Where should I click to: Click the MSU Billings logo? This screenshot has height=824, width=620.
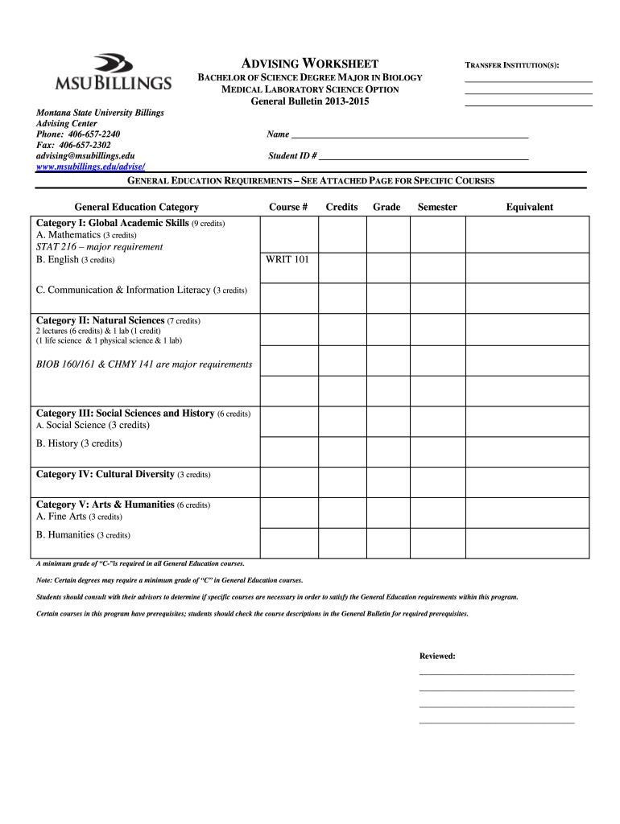[x=113, y=72]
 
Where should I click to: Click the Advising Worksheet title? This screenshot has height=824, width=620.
[x=310, y=64]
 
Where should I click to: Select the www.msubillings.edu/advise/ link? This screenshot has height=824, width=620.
[x=90, y=166]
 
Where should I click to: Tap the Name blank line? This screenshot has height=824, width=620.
[x=408, y=134]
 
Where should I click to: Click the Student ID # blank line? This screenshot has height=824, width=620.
[x=424, y=155]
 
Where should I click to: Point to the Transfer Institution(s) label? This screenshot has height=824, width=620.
[x=512, y=64]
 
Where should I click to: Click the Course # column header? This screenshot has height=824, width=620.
[x=288, y=207]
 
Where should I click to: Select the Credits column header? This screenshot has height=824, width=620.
[x=341, y=207]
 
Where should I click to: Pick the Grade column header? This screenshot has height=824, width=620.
[x=386, y=207]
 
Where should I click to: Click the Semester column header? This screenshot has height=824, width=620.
[x=437, y=207]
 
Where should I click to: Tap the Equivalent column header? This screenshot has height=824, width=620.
[x=529, y=207]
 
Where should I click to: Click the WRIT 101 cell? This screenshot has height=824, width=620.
[x=287, y=259]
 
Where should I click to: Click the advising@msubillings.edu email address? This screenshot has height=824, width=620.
[x=85, y=154]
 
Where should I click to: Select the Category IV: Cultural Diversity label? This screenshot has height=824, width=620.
[x=123, y=474]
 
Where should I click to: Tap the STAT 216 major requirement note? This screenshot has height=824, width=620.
[x=99, y=247]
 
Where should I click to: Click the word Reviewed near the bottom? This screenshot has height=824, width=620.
[x=437, y=656]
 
